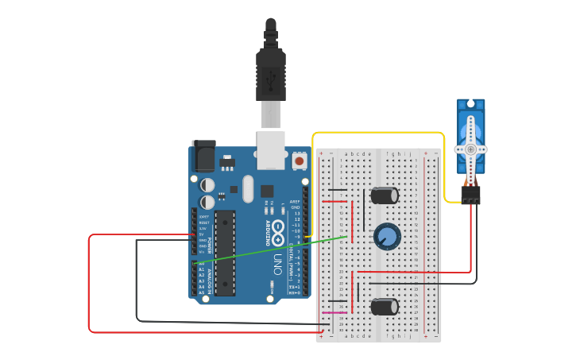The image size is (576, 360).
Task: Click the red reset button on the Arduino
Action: click(299, 161)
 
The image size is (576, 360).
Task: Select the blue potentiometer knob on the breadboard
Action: click(387, 236)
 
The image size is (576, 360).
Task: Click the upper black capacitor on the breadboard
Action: click(385, 195)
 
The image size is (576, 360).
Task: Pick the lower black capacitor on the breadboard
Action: click(385, 307)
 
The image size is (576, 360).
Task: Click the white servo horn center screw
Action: click(470, 149)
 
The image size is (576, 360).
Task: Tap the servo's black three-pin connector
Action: click(470, 195)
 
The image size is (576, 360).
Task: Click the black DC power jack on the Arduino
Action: click(203, 156)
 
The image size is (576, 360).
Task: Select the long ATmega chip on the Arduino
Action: click(225, 252)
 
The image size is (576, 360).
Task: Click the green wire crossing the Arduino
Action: click(270, 250)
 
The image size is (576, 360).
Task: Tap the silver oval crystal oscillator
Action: click(247, 189)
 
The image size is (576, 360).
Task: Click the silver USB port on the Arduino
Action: click(271, 150)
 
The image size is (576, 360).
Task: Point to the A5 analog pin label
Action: click(201, 292)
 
